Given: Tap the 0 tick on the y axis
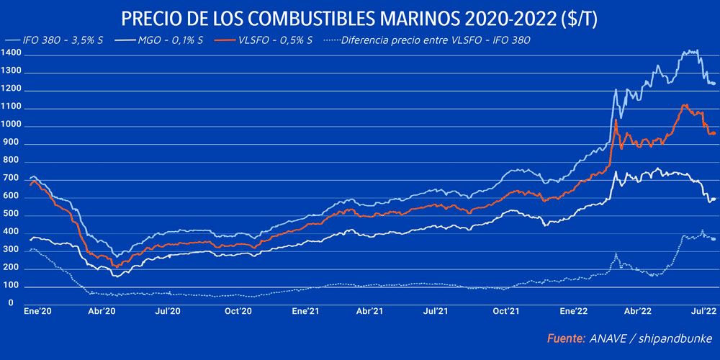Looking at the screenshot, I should pyautogui.click(x=11, y=303).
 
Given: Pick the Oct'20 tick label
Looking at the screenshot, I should pyautogui.click(x=237, y=312).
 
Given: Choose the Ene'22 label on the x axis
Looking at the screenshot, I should pyautogui.click(x=573, y=312).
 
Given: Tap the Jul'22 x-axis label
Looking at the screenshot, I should pyautogui.click(x=704, y=312).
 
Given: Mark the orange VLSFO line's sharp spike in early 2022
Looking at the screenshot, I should pyautogui.click(x=616, y=120).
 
